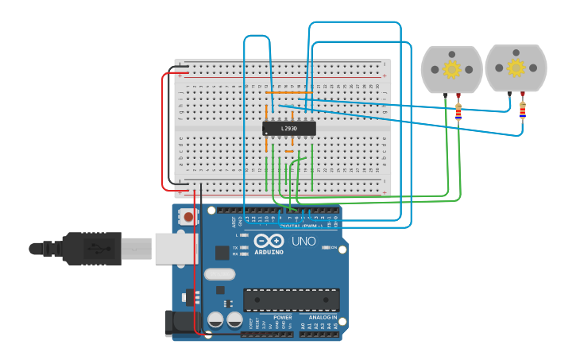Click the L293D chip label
click(289, 129)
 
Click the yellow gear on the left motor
click(452, 70)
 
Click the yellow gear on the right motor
click(516, 68)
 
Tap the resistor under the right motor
click(522, 110)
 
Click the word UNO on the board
click(303, 241)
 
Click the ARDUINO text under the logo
click(269, 252)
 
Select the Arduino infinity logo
click(269, 241)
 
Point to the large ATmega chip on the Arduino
click(291, 300)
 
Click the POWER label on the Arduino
click(282, 317)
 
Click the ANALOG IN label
click(323, 317)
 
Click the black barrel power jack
click(180, 322)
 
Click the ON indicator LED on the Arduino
click(326, 247)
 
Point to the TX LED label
click(236, 248)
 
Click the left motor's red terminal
click(458, 95)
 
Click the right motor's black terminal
click(510, 94)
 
